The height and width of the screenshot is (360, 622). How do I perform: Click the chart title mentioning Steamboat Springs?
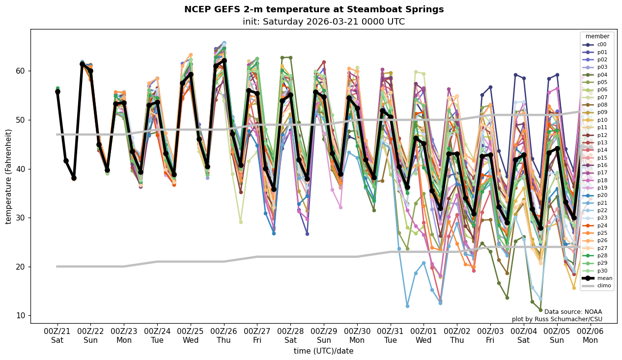(313, 9)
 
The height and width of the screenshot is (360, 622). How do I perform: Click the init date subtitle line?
(323, 22)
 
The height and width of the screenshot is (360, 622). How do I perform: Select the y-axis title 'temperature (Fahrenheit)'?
(9, 176)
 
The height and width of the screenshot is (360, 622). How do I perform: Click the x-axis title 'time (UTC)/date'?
(323, 351)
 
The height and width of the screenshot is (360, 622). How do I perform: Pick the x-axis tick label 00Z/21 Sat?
(57, 335)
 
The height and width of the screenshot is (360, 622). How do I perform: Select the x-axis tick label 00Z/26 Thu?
(224, 335)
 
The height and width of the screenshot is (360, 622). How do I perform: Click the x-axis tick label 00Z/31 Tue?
(391, 335)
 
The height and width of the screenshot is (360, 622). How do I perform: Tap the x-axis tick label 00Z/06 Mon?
(591, 335)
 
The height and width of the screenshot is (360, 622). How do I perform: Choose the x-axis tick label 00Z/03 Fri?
(490, 335)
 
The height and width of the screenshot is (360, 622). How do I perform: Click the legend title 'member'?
(597, 36)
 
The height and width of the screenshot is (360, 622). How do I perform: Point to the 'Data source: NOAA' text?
(573, 312)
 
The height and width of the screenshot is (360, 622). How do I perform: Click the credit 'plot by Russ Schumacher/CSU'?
(557, 319)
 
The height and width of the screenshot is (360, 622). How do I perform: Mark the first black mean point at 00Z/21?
(57, 92)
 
